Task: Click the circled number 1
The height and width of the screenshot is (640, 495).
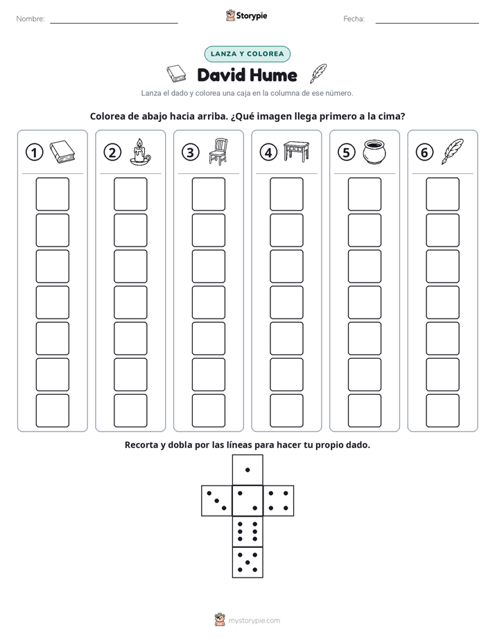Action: [x=34, y=152]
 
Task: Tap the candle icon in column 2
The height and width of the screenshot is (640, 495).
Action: [x=140, y=152]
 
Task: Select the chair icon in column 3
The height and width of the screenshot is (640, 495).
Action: [x=218, y=152]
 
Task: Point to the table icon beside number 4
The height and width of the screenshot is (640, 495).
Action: [x=297, y=152]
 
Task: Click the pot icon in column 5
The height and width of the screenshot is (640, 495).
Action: [x=374, y=152]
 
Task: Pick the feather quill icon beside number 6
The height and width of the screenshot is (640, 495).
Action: [x=453, y=152]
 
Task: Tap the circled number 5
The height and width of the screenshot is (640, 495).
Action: [x=347, y=152]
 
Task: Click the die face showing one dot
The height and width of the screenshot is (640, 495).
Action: [x=247, y=470]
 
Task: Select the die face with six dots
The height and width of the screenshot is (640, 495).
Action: [x=247, y=531]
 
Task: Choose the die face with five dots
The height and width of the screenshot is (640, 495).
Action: [x=247, y=562]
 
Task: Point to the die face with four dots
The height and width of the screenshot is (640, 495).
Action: [x=279, y=501]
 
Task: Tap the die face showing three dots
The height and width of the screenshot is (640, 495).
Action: [x=217, y=501]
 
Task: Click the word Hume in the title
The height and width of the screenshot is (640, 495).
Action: [x=273, y=75]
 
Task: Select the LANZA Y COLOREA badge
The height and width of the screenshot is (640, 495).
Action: [x=247, y=54]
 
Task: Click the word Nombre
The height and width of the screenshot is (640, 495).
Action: [x=31, y=19]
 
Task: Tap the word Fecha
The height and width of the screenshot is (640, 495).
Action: [x=354, y=19]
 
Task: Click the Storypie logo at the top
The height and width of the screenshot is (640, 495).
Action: [x=246, y=15]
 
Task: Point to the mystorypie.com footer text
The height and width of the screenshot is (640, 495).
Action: [x=254, y=621]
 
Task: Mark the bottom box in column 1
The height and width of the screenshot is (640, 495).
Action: [x=52, y=411]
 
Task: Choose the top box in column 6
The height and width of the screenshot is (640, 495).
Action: [x=443, y=194]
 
